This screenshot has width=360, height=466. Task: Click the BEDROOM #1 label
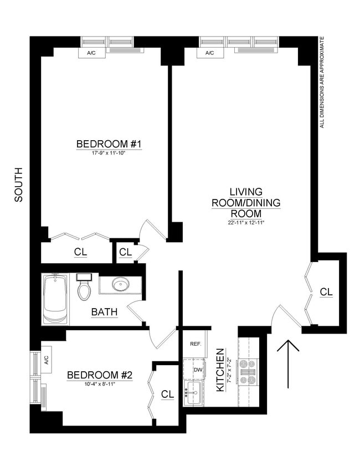click(109, 144)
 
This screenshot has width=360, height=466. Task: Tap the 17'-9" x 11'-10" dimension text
click(109, 153)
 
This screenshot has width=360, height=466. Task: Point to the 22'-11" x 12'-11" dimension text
click(246, 223)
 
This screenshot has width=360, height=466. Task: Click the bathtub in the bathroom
click(55, 299)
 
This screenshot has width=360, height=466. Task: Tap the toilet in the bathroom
click(84, 286)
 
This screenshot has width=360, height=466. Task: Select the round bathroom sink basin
click(120, 285)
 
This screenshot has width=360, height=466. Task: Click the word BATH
click(104, 312)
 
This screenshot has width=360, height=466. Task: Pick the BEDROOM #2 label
click(100, 375)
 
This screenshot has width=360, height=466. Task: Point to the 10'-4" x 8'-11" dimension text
click(100, 384)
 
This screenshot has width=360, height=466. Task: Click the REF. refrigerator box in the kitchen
click(196, 344)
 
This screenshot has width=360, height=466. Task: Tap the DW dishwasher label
click(198, 370)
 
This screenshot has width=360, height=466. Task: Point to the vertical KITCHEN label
click(220, 370)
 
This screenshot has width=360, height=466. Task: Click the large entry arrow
click(287, 363)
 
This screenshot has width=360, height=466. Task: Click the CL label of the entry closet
click(326, 291)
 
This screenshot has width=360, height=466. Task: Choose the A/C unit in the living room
click(209, 53)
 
